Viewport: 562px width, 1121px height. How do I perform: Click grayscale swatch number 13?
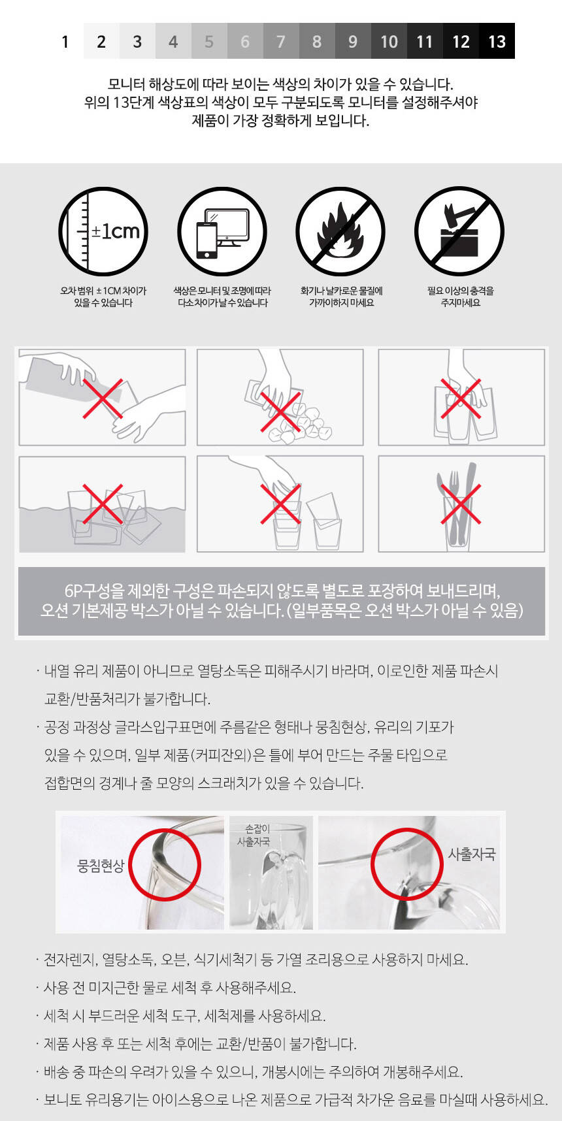pyautogui.click(x=497, y=41)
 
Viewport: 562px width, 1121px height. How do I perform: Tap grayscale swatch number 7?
pyautogui.click(x=281, y=41)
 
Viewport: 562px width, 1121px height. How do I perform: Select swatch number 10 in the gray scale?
pyautogui.click(x=389, y=41)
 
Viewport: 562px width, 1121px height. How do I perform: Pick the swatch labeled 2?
pyautogui.click(x=101, y=41)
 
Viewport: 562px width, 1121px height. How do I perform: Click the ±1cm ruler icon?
pyautogui.click(x=103, y=231)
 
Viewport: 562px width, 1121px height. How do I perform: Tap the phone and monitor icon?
pyautogui.click(x=222, y=231)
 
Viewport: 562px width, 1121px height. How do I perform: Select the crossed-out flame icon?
pyautogui.click(x=340, y=231)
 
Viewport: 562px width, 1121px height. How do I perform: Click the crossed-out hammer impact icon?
pyautogui.click(x=459, y=231)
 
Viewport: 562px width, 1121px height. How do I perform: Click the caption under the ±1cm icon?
pyautogui.click(x=103, y=297)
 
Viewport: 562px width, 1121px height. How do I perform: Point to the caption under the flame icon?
pyautogui.click(x=341, y=297)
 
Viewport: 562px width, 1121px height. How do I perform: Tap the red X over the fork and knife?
pyautogui.click(x=461, y=504)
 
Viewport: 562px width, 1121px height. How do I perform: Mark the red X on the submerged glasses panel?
pyautogui.click(x=103, y=504)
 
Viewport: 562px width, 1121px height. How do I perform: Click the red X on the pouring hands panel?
pyautogui.click(x=103, y=398)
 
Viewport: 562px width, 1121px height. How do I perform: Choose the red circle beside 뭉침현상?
pyautogui.click(x=165, y=864)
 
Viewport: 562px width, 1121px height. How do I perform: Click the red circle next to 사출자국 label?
pyautogui.click(x=407, y=864)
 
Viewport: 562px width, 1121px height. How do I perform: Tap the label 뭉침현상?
pyautogui.click(x=101, y=866)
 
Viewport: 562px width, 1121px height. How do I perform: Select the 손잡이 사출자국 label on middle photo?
pyautogui.click(x=254, y=835)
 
